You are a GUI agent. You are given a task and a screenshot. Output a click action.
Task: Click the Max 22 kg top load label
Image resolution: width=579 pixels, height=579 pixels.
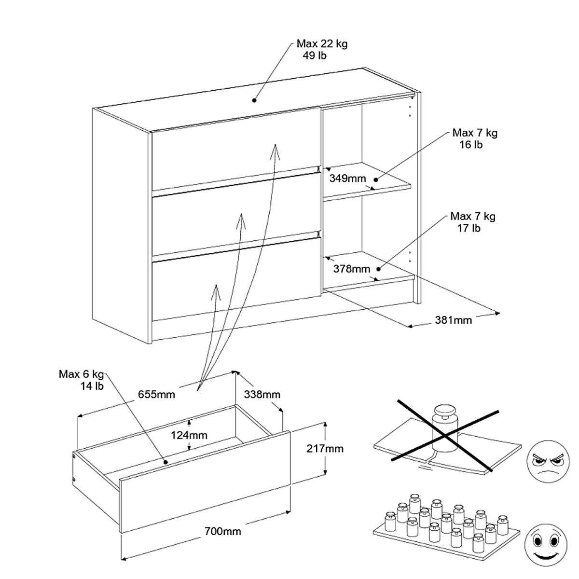click(x=322, y=49)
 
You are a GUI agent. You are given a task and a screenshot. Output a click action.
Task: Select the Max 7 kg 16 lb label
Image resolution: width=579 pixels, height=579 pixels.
click(x=474, y=138)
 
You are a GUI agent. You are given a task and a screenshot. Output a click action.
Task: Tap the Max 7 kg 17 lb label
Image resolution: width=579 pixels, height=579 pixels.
click(x=472, y=222)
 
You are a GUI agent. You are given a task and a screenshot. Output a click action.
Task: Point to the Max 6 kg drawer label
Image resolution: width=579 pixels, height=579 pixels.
click(x=82, y=380)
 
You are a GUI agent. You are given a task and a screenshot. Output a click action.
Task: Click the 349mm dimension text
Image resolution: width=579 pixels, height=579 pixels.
click(x=347, y=179)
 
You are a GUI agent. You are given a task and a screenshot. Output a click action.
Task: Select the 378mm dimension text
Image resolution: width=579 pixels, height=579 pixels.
click(x=351, y=269)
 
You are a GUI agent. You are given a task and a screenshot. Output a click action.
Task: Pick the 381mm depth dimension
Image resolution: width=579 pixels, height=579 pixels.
click(x=453, y=319)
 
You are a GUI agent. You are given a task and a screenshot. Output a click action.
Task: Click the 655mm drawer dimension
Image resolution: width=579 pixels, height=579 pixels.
click(x=156, y=394)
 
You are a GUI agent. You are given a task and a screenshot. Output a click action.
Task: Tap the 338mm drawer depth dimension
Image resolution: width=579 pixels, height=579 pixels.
click(x=262, y=394)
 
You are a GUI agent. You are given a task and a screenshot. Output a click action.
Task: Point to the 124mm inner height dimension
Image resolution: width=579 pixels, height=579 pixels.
click(x=189, y=435)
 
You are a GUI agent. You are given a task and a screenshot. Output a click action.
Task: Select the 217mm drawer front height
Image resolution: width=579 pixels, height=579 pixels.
click(x=325, y=449)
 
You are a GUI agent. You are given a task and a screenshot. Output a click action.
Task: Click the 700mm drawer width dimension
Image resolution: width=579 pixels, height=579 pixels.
click(x=223, y=532)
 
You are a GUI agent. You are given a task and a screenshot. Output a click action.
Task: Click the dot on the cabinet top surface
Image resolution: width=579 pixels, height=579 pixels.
click(x=253, y=100)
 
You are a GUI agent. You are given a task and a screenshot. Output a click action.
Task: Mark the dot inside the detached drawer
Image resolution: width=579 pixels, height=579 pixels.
click(x=165, y=462)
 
